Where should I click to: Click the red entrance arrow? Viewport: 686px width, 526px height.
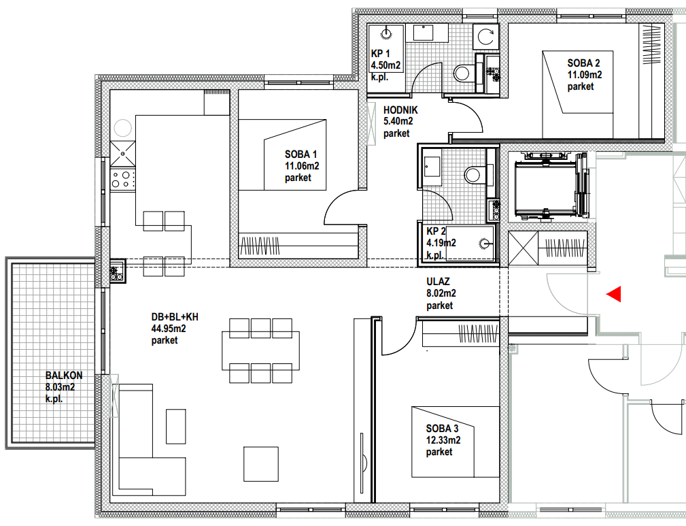[614, 295]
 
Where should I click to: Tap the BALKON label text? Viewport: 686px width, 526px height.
[64, 376]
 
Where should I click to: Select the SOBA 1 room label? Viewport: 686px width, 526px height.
[301, 154]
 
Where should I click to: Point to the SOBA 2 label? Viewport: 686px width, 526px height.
[583, 63]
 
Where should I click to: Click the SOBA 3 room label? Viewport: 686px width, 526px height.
[443, 428]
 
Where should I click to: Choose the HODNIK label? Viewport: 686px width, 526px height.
[400, 110]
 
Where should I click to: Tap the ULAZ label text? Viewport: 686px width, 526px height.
[438, 282]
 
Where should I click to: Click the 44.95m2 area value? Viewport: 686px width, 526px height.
[169, 329]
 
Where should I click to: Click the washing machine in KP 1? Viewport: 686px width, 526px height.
[485, 36]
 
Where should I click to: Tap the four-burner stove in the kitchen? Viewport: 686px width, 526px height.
[122, 180]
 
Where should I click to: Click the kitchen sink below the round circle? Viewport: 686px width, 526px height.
[122, 154]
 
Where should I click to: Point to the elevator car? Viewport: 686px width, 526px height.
[545, 188]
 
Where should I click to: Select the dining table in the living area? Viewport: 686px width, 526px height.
[261, 350]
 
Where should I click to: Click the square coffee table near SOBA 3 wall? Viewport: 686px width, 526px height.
[261, 464]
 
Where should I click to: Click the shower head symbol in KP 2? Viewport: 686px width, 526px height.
[483, 244]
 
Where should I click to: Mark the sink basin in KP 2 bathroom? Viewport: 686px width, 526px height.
[432, 167]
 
